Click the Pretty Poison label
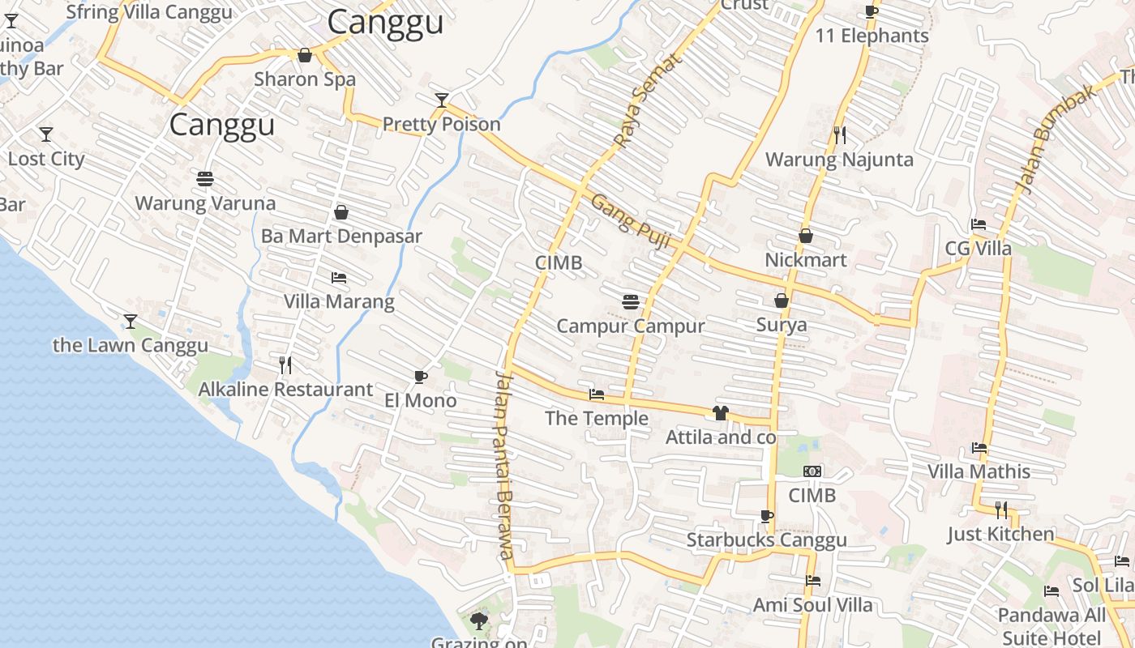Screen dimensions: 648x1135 click(441, 124)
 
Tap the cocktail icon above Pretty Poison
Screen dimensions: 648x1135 click(441, 100)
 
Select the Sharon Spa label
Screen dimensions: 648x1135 click(305, 79)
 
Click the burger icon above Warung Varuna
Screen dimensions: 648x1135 click(204, 178)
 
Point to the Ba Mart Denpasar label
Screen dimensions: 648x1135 click(341, 236)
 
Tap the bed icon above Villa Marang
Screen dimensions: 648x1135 click(339, 278)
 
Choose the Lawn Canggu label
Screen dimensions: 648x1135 click(131, 345)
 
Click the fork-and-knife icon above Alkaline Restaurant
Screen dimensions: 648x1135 click(285, 365)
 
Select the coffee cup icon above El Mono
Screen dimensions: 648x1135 click(420, 377)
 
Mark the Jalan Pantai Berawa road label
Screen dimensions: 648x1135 click(505, 464)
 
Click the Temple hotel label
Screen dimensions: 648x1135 click(597, 418)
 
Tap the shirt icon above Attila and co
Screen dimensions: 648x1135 click(720, 413)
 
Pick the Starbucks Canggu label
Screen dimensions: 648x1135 click(766, 539)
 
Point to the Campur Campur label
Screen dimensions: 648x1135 click(630, 326)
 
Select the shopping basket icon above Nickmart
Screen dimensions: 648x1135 click(806, 236)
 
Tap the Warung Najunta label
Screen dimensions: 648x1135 click(839, 159)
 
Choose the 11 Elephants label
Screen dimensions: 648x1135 click(872, 36)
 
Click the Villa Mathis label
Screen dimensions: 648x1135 click(979, 471)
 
